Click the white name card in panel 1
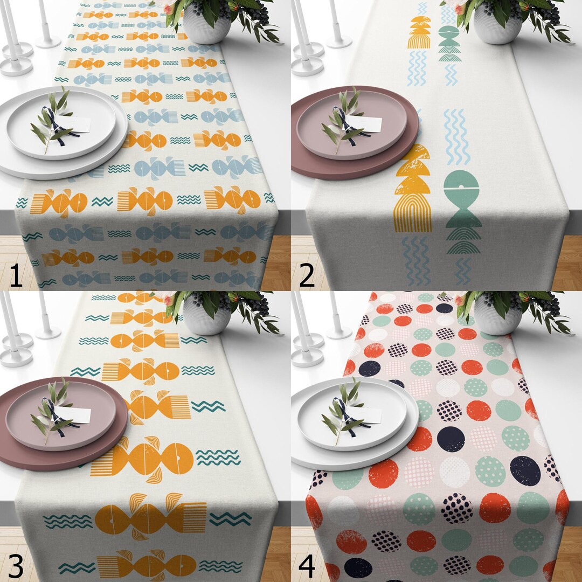[x=79, y=124]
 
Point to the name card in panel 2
[x=370, y=124]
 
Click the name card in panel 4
[x=370, y=415]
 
